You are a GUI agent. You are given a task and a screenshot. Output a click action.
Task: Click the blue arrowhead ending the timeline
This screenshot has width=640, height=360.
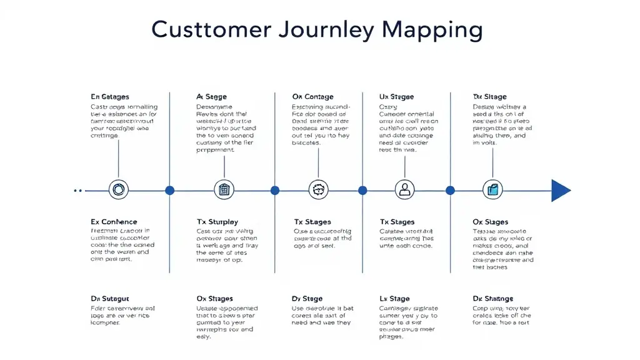(561, 190)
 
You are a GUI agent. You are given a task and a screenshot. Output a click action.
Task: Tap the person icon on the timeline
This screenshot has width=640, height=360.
(405, 189)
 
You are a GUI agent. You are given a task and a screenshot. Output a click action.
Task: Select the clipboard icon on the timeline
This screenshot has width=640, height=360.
(223, 189)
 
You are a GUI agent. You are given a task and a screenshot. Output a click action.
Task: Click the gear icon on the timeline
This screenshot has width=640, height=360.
(318, 189)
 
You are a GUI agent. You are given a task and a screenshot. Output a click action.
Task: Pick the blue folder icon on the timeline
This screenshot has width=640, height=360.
(492, 189)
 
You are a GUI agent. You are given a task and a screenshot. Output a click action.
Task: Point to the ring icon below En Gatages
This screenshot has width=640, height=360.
(118, 189)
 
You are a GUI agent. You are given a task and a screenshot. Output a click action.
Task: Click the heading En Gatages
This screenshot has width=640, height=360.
(110, 97)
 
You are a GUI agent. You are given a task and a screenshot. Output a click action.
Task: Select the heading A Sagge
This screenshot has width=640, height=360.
(211, 97)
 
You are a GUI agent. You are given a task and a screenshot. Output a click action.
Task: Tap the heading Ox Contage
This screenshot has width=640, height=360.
(312, 97)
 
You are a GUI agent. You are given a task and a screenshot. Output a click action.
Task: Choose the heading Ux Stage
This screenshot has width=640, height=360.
(396, 97)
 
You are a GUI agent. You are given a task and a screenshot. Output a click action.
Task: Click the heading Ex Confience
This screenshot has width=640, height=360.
(114, 222)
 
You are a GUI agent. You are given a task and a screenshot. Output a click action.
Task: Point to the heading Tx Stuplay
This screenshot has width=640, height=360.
(217, 222)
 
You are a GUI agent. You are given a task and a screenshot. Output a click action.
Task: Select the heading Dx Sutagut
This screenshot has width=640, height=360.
(110, 299)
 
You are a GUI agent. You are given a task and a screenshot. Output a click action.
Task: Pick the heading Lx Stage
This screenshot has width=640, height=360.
(394, 299)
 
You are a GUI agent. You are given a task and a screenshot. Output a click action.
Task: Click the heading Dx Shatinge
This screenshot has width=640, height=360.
(493, 299)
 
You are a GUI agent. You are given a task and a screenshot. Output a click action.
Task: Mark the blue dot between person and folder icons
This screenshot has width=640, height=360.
(449, 190)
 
